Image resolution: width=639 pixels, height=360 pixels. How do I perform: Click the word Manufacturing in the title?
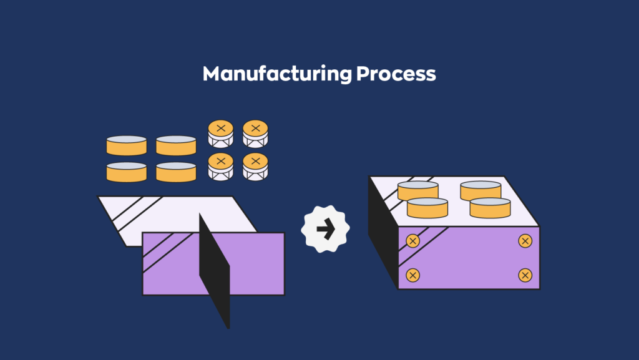click(x=276, y=74)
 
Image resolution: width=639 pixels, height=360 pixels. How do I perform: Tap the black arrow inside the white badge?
click(x=325, y=230)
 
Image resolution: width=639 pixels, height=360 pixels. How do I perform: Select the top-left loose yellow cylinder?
click(x=127, y=145)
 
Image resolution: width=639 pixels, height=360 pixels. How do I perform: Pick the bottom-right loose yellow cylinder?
click(x=176, y=172)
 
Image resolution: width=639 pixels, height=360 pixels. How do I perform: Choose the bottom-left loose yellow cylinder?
click(x=127, y=172)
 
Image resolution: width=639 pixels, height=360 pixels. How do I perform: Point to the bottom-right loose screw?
click(x=255, y=166)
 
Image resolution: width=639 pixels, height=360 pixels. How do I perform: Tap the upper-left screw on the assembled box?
click(x=412, y=241)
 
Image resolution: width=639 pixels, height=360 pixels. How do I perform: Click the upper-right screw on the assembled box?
click(x=525, y=241)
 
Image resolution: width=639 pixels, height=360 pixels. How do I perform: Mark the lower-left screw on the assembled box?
click(x=412, y=275)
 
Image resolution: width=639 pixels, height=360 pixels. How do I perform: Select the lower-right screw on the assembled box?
click(x=525, y=275)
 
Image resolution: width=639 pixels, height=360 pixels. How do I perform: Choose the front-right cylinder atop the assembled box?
click(x=490, y=207)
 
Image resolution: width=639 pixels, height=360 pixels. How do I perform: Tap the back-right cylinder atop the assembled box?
click(x=480, y=189)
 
